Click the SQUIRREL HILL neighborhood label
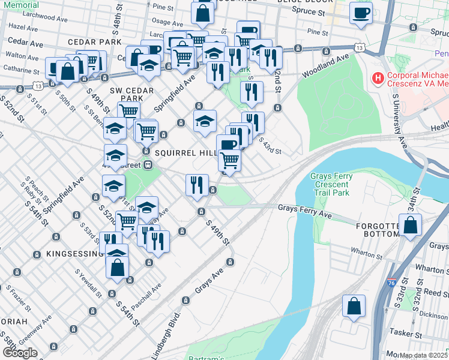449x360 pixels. pos(185,153)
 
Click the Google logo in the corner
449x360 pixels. pos(20,353)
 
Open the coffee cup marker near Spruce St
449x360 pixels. pos(361,13)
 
